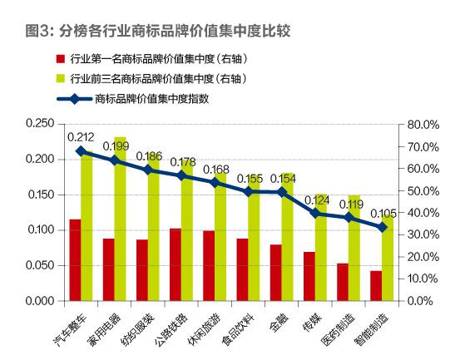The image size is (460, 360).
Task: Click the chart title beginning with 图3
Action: click(x=157, y=32)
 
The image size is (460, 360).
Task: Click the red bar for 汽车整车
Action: click(x=75, y=260)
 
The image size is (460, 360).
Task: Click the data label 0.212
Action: click(x=81, y=136)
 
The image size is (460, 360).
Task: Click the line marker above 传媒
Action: click(x=314, y=213)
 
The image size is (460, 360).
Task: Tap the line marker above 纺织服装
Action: click(x=147, y=170)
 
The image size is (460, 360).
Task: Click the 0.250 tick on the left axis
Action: click(x=39, y=124)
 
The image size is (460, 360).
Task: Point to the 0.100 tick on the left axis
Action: click(x=39, y=230)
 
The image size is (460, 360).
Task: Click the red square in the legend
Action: click(x=59, y=60)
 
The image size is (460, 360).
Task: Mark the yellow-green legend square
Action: click(x=59, y=79)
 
